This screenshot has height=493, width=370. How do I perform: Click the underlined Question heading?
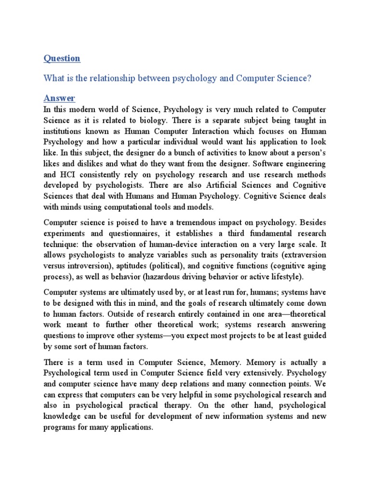click(62, 58)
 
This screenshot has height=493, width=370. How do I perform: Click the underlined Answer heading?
click(59, 98)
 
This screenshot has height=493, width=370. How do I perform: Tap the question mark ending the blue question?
click(309, 78)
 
